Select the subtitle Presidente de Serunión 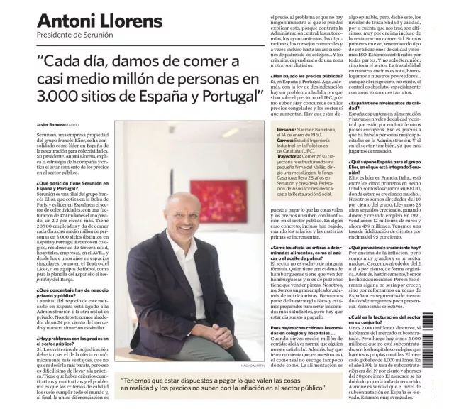pos(77,35)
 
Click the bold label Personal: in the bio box pos(287,130)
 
